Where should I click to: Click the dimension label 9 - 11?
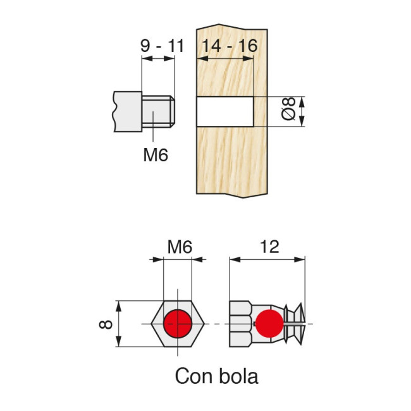tap(162, 46)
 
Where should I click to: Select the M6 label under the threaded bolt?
tap(156, 154)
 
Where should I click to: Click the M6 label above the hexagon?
tap(179, 247)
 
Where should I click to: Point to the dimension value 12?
tap(269, 247)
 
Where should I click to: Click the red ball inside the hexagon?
tap(178, 324)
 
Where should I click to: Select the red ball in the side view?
tap(268, 324)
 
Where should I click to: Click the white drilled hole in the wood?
tap(224, 112)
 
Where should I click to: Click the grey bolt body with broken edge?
tap(126, 112)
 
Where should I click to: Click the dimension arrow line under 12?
tap(267, 259)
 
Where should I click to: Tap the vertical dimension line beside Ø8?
tap(302, 112)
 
